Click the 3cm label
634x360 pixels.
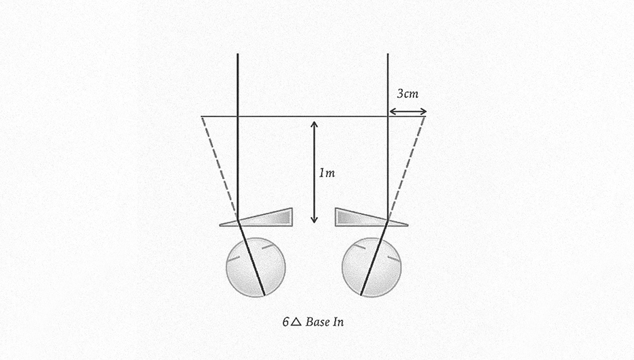tap(407, 94)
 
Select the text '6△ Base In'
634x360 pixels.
tap(313, 321)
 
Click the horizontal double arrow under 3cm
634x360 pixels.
tap(407, 112)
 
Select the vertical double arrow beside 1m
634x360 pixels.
tap(314, 172)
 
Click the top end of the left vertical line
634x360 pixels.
tap(238, 54)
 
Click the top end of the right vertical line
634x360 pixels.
tap(388, 54)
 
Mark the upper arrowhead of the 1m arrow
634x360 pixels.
tap(314, 124)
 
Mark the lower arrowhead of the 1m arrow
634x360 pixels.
tap(314, 220)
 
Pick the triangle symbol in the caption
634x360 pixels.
tap(296, 321)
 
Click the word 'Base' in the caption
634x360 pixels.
tap(317, 321)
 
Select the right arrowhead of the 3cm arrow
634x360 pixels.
tap(424, 112)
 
